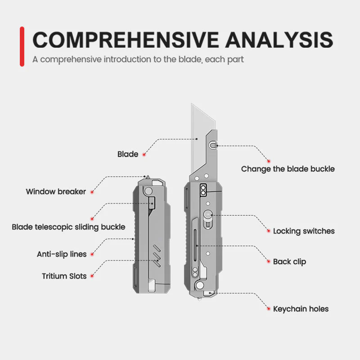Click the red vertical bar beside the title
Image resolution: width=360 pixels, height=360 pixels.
[x=22, y=46]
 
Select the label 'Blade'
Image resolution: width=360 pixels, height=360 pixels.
[x=128, y=154]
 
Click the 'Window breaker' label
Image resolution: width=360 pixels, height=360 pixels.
[x=56, y=192]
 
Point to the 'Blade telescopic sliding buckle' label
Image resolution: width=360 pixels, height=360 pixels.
[x=68, y=227]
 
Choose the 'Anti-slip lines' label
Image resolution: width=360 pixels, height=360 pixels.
[x=62, y=254]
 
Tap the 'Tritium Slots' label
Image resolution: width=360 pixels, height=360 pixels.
[x=64, y=276]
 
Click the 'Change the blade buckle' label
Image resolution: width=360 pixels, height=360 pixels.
[x=288, y=169]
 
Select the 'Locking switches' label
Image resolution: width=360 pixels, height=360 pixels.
[x=304, y=231]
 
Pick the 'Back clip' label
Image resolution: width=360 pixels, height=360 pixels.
[x=289, y=261]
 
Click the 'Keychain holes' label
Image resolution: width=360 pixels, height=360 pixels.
[x=301, y=309]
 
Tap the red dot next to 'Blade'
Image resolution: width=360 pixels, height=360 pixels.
[x=144, y=154]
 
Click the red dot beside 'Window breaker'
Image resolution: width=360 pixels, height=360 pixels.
[x=91, y=192]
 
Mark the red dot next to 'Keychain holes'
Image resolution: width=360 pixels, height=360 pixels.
[x=269, y=309]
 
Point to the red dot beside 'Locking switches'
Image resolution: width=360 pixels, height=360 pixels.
[x=269, y=231]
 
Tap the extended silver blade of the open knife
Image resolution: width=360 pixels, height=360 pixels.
[x=201, y=126]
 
